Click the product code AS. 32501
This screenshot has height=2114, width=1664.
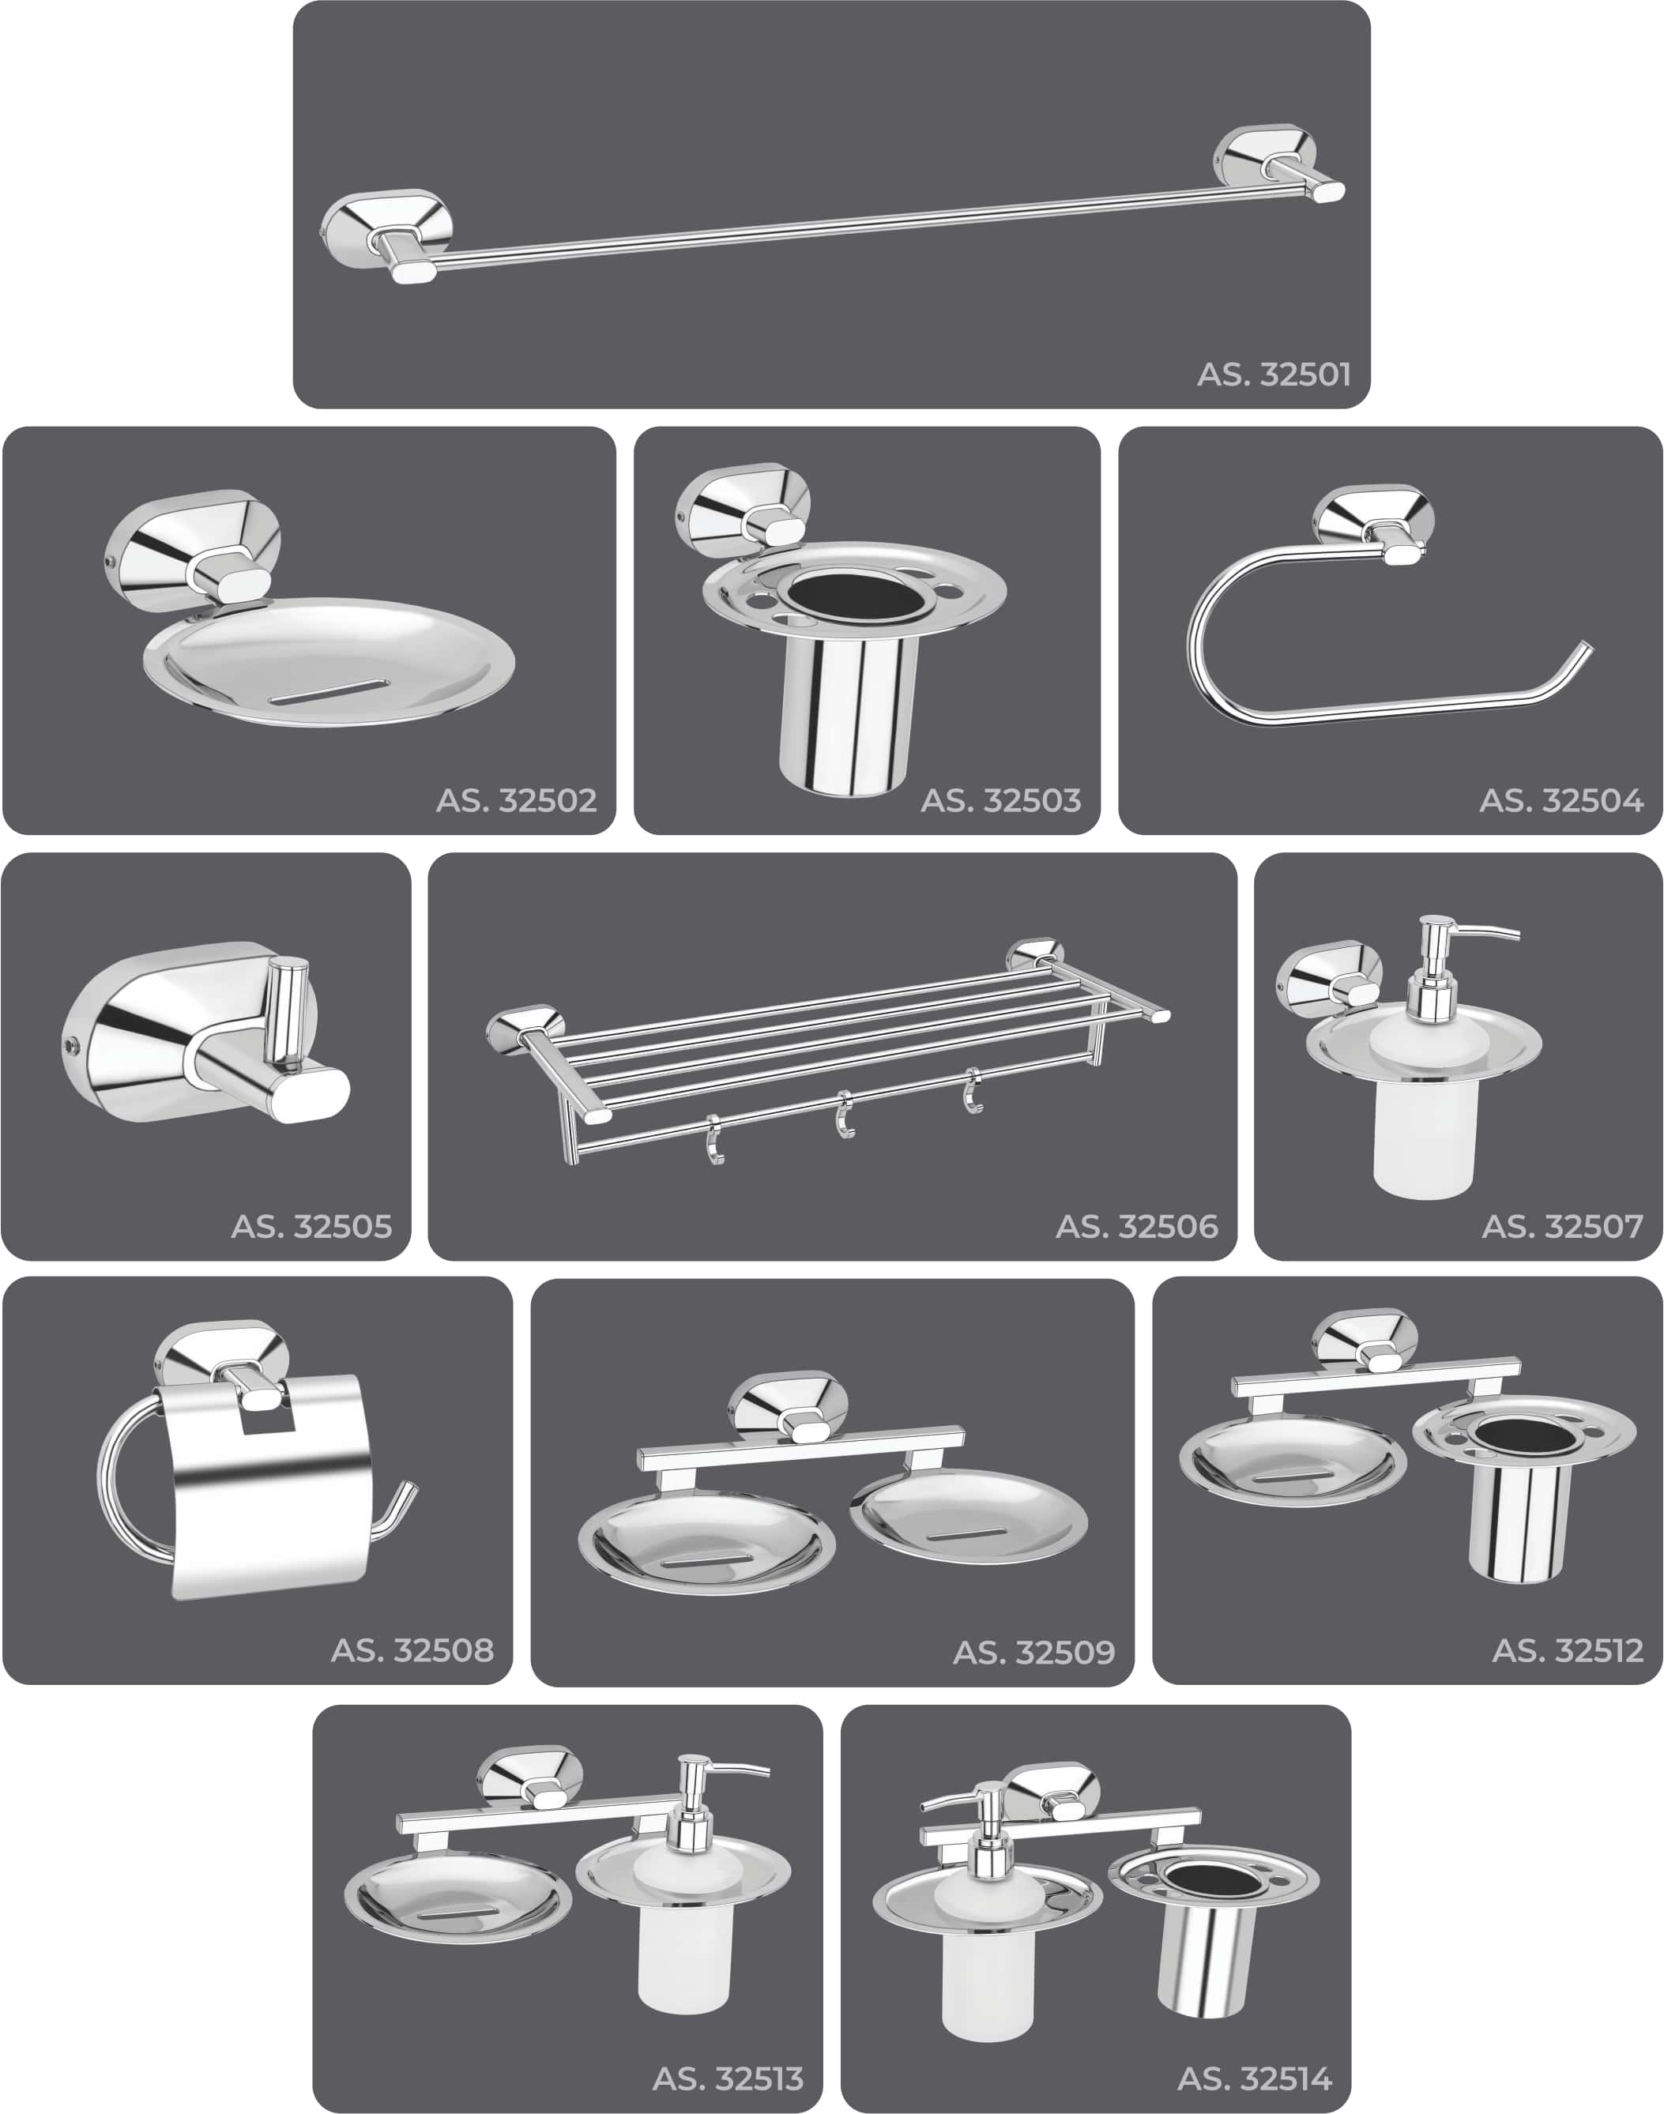[1274, 374]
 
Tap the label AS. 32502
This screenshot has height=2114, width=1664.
[517, 801]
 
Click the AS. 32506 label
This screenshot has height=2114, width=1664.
[1137, 1227]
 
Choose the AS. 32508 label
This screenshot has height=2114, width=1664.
[412, 1650]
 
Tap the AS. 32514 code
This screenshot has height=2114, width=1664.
[1254, 2079]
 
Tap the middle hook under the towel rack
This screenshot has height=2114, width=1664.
[845, 1115]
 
